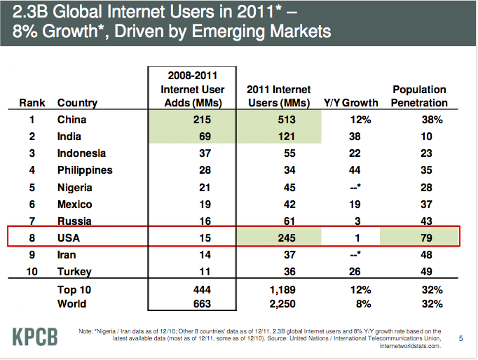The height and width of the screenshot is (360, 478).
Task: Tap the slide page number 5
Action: coord(460,339)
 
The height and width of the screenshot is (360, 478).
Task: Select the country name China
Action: coord(72,120)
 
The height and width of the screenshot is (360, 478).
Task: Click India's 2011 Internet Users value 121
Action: coord(278,137)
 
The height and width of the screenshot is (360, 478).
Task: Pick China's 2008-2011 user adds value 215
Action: coord(191,120)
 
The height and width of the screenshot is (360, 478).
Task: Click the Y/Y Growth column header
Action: coord(350,103)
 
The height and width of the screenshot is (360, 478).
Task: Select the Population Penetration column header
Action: coord(420,96)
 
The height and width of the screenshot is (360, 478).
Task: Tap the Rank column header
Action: coord(31,103)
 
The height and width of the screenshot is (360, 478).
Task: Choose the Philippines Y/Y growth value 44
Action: coord(355,170)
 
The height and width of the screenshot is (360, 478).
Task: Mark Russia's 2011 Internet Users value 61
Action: coord(278,221)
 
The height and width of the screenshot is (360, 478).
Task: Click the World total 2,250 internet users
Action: coord(278,303)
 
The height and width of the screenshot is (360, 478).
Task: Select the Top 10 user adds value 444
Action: coord(191,289)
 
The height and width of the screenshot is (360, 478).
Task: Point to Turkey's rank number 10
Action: coord(31,271)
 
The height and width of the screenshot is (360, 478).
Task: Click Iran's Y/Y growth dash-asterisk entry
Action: coord(355,254)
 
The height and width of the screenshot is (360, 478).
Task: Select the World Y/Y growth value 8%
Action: coord(355,303)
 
